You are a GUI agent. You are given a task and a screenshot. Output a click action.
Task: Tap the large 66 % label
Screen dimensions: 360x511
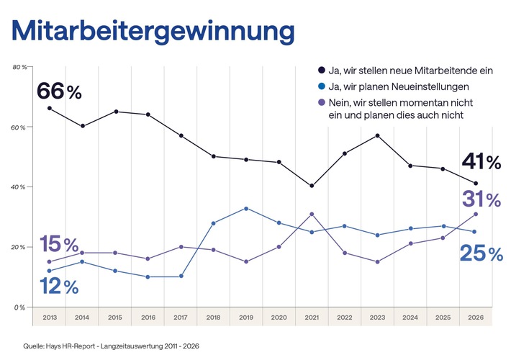coord(60,91)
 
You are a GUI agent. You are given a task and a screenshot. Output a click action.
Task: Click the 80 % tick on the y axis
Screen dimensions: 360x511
coord(20,67)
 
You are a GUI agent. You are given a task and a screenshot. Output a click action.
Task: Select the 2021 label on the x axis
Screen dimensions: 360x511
coord(311,316)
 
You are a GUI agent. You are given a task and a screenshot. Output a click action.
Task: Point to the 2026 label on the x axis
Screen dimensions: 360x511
coord(475,316)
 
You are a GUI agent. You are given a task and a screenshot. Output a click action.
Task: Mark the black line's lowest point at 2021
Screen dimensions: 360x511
coord(311,186)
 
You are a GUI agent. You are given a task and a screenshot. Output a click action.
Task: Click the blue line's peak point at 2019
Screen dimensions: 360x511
coord(245,209)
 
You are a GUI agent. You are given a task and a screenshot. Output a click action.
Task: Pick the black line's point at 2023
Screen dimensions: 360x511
coord(376,135)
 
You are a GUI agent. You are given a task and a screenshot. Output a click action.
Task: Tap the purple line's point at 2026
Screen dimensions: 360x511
coord(475,214)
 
